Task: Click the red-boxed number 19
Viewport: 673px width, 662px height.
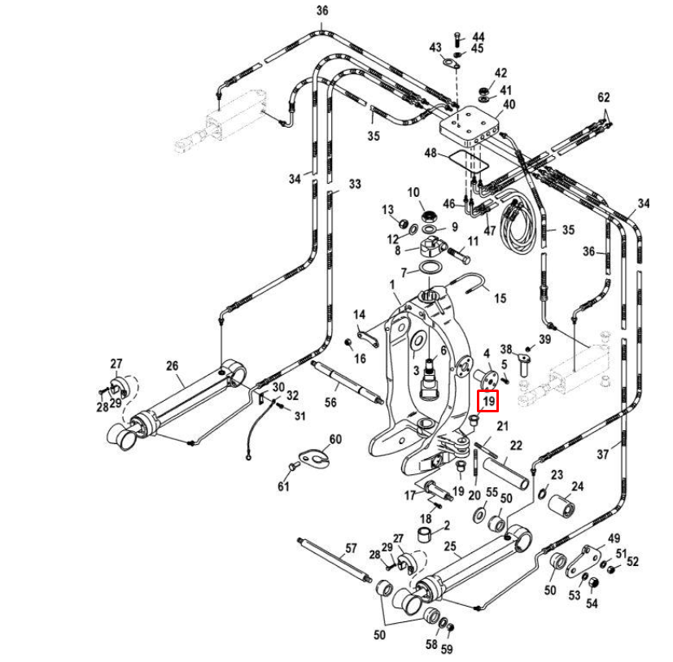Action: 488,401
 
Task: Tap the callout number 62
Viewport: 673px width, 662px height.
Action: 603,98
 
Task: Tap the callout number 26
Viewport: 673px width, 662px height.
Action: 172,367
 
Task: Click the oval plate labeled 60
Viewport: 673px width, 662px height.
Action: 313,457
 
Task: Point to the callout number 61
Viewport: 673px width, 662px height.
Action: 283,486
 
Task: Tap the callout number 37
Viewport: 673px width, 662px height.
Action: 603,455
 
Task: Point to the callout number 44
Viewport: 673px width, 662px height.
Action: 478,37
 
